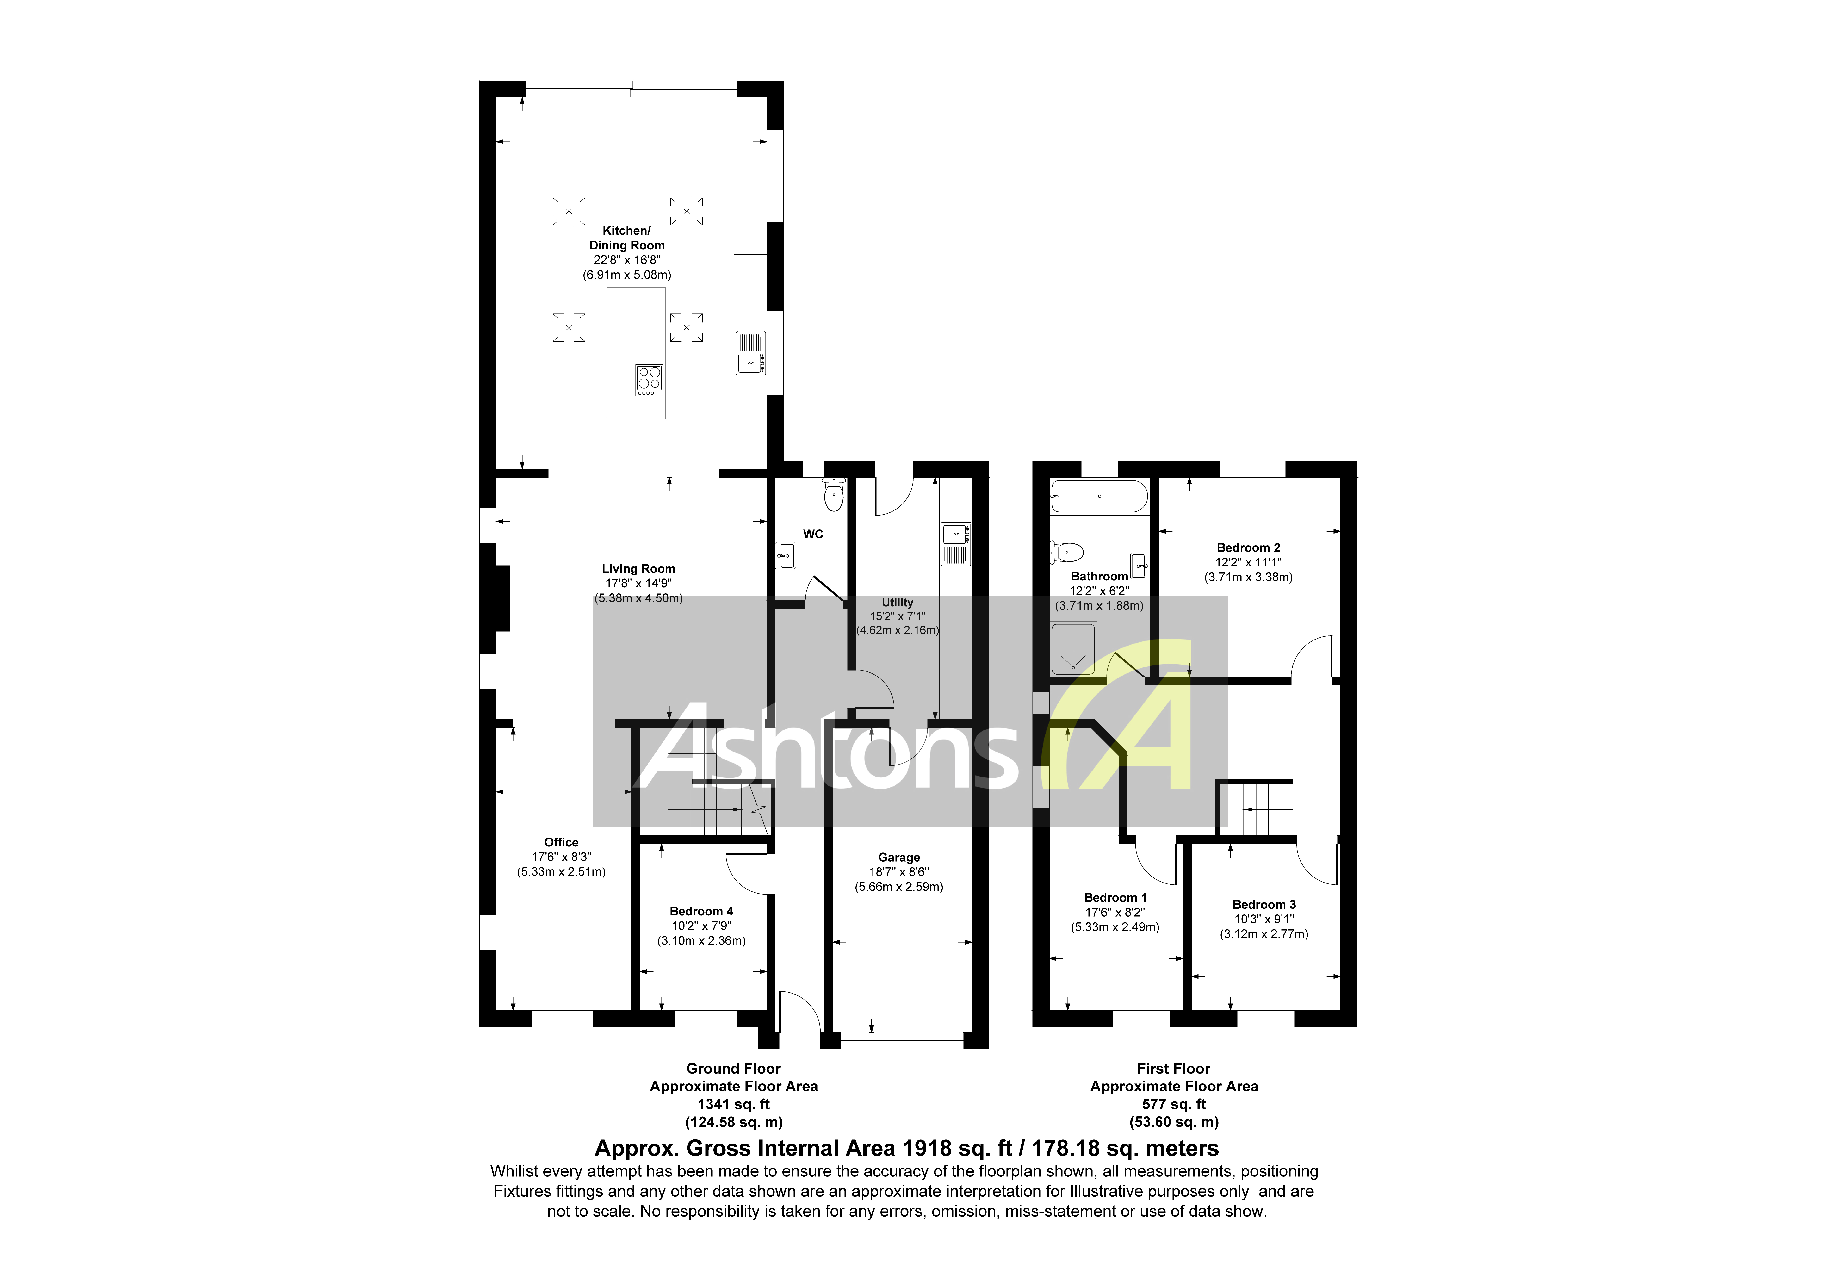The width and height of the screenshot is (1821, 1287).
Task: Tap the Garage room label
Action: pos(898,857)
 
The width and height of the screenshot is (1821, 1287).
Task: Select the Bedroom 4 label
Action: pos(701,911)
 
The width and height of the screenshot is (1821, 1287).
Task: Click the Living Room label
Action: pos(638,568)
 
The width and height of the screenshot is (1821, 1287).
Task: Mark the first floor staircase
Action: pos(1256,809)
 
